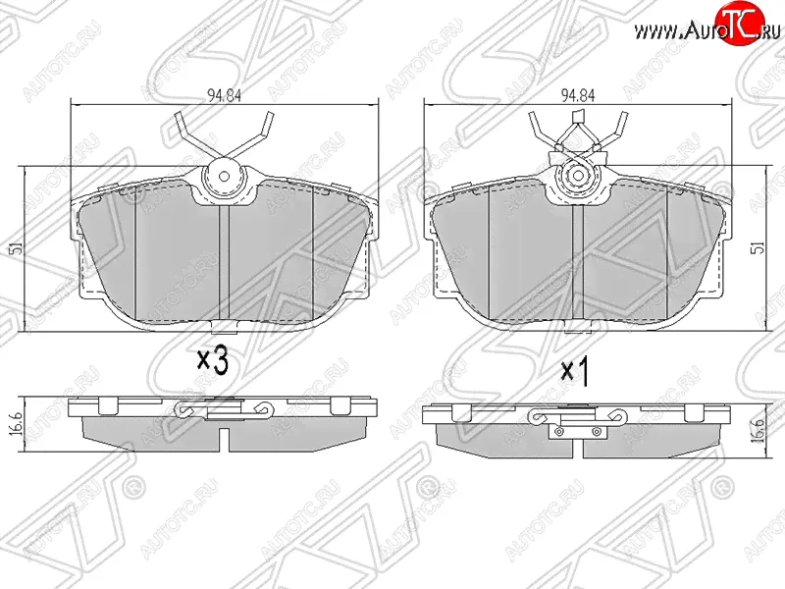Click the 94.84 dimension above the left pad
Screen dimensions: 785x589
pyautogui.click(x=224, y=95)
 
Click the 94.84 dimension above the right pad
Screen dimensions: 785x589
pyautogui.click(x=578, y=95)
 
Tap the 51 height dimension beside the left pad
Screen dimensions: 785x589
pyautogui.click(x=17, y=248)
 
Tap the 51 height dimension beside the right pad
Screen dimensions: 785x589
pyautogui.click(x=759, y=247)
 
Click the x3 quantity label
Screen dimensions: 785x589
pyautogui.click(x=213, y=360)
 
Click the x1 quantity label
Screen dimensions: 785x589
pyautogui.click(x=575, y=371)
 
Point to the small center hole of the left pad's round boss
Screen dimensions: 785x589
pyautogui.click(x=225, y=177)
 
